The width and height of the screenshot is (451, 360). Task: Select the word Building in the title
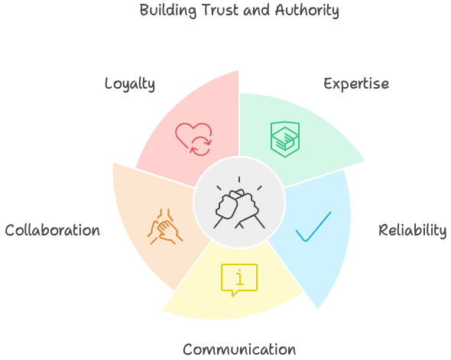(167, 11)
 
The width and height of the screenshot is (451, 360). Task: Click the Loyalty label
(130, 83)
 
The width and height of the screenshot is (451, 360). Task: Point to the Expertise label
(356, 83)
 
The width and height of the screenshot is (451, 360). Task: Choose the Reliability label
(413, 230)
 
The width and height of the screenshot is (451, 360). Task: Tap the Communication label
(239, 350)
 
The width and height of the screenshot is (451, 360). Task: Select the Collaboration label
(52, 230)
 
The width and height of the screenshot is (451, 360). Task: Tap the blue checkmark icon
(313, 226)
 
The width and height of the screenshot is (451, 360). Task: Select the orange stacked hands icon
(164, 227)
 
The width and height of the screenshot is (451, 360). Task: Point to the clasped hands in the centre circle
(239, 203)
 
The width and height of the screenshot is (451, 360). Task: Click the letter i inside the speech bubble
(239, 277)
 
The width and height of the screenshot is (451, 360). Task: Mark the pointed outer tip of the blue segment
(317, 310)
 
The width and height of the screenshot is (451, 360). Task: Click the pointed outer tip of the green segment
(366, 161)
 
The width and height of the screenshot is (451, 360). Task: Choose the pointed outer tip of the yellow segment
(161, 311)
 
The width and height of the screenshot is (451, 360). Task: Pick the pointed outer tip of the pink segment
(239, 69)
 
